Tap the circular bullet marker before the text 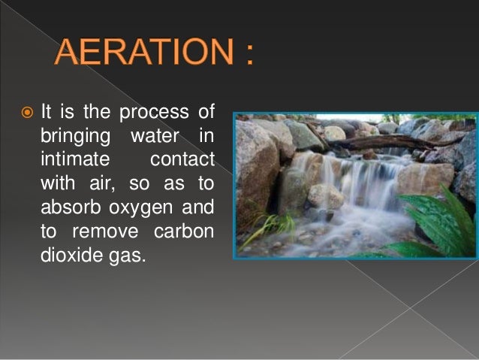coord(27,114)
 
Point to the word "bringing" coord(71,136)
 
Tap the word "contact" coord(182,159)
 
